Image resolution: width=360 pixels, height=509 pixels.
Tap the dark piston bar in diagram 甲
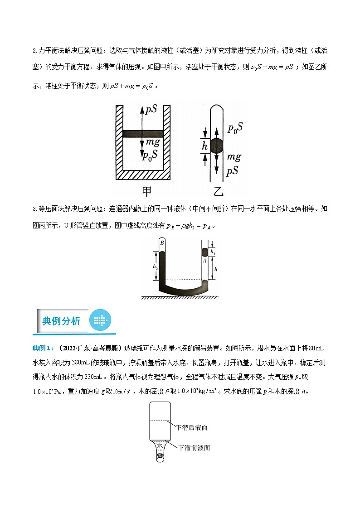pyautogui.click(x=143, y=134)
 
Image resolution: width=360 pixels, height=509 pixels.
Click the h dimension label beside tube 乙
pyautogui.click(x=204, y=146)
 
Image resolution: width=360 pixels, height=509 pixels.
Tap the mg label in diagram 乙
pyautogui.click(x=234, y=157)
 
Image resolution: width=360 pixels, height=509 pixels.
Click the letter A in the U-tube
pyautogui.click(x=204, y=261)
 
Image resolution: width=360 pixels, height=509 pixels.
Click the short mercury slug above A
pyautogui.click(x=204, y=252)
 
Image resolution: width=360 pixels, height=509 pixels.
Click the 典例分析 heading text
pyautogui.click(x=61, y=321)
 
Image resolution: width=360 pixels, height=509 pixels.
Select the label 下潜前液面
pyautogui.click(x=194, y=447)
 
